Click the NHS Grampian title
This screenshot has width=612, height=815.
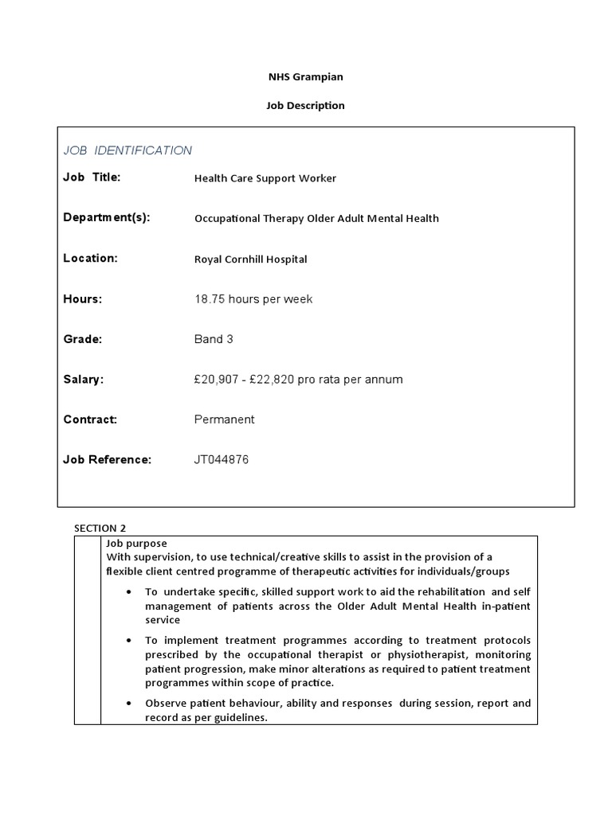305,76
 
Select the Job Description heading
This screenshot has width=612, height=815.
305,105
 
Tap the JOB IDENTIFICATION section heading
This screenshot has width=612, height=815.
127,150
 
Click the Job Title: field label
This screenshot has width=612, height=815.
92,177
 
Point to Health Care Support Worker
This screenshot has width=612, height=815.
265,178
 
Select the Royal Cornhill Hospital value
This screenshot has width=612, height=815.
250,259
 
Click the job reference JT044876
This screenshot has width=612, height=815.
222,459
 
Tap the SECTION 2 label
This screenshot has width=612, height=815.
100,528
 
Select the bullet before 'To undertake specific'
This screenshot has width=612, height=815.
130,592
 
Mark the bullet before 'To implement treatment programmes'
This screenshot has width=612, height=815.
130,640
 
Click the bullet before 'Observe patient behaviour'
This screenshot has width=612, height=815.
130,704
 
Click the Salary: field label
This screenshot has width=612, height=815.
83,380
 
